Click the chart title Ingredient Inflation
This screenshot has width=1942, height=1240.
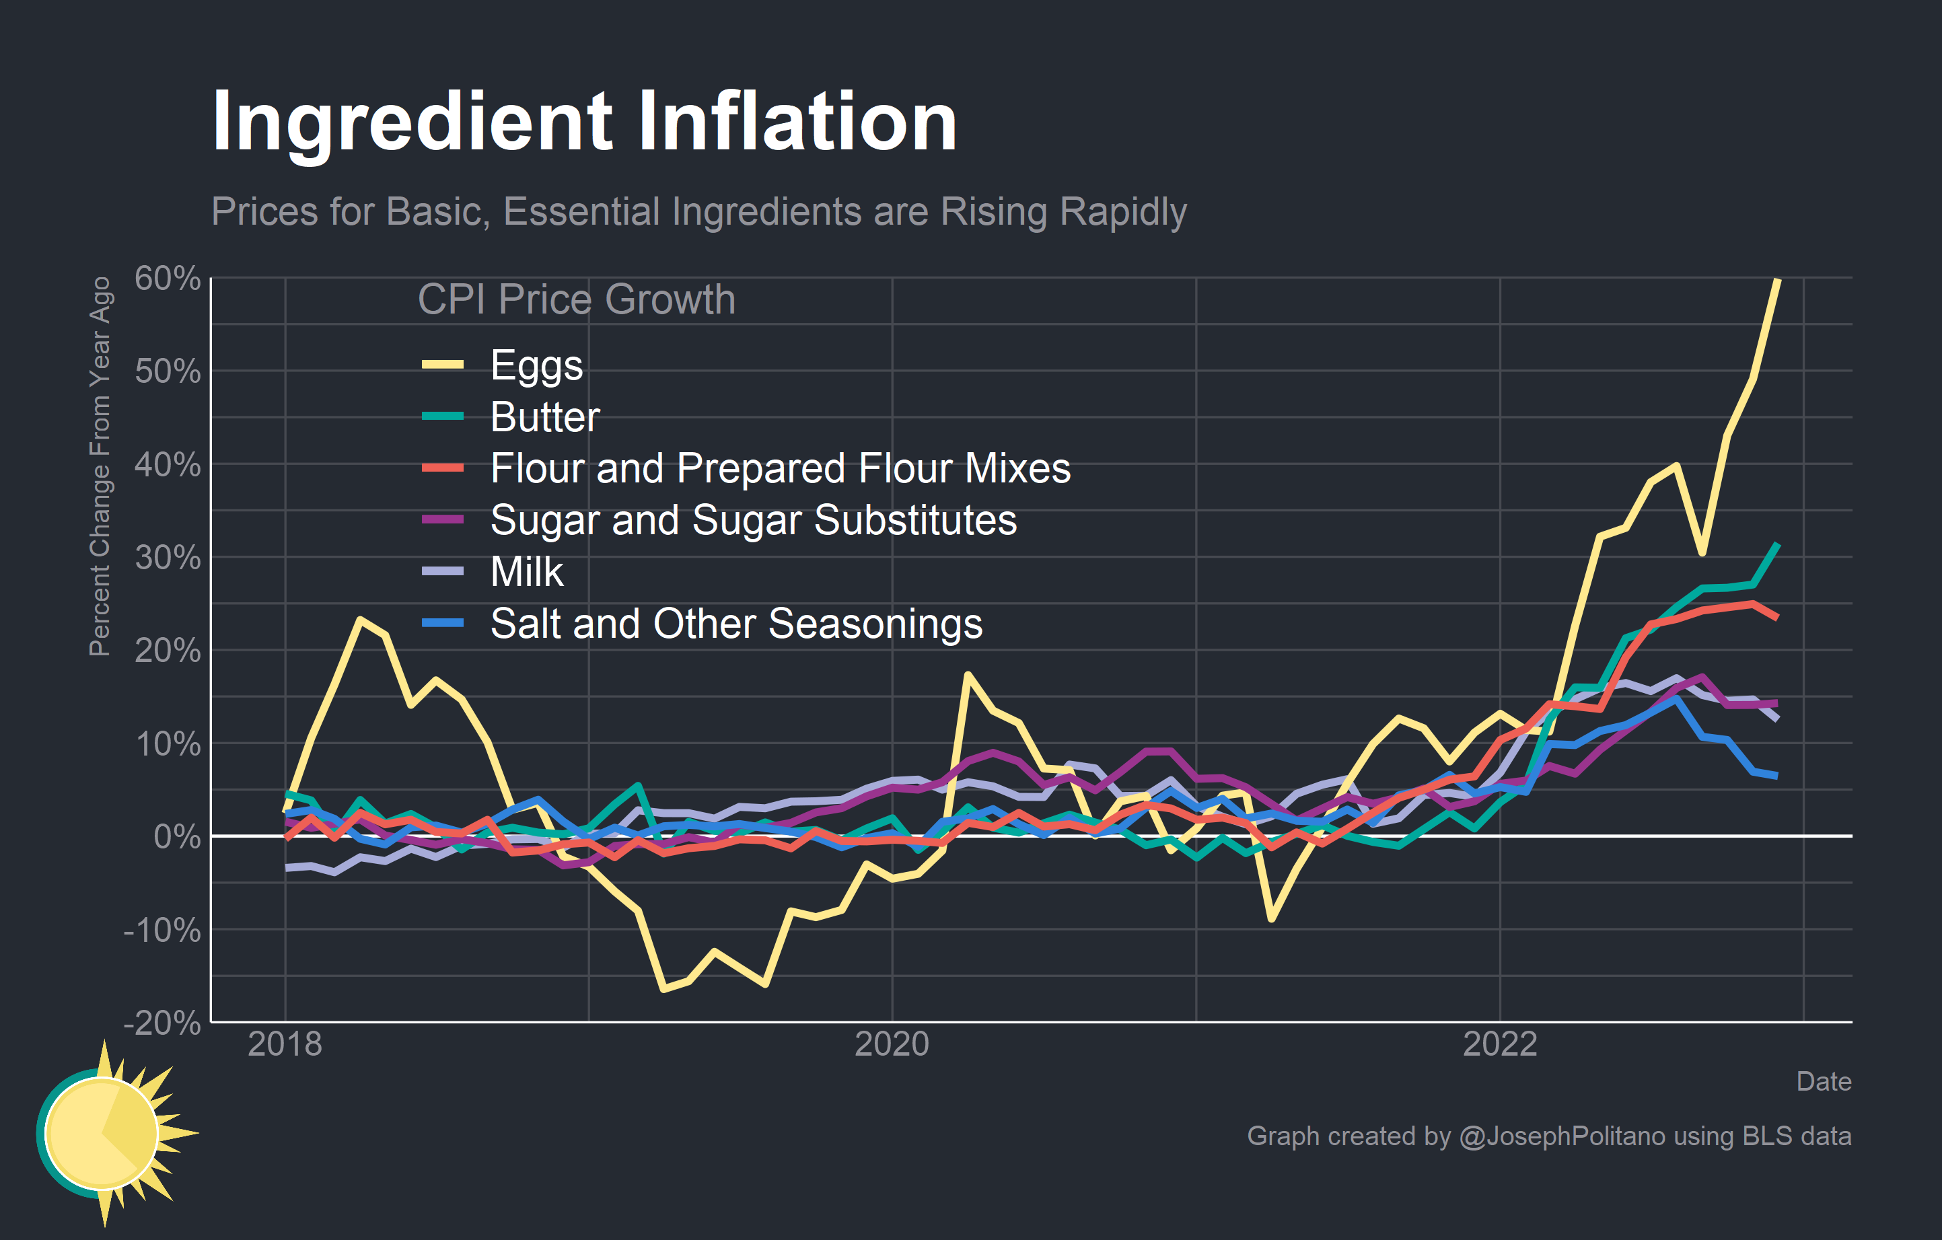(584, 122)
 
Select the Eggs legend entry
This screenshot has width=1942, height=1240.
(536, 365)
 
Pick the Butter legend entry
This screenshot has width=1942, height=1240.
(544, 417)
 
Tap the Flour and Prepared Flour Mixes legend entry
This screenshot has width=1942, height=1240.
(779, 468)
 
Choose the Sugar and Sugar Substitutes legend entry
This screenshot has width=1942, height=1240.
(752, 520)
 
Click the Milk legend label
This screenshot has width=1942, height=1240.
(527, 572)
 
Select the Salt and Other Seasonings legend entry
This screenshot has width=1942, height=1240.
(735, 623)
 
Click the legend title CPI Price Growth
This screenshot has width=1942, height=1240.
(576, 299)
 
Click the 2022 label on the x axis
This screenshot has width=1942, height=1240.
(1499, 1044)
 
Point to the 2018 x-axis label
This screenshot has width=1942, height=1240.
(285, 1044)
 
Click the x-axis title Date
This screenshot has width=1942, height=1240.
(1823, 1081)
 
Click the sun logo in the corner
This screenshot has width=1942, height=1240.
(109, 1134)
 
